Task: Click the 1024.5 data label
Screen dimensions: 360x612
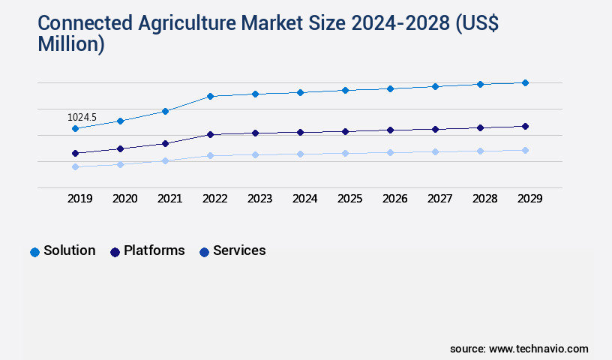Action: pos(82,118)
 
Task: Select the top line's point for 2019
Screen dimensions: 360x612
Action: pos(75,129)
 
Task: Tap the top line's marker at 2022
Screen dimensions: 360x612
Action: pos(210,96)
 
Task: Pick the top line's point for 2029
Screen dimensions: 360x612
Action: pos(525,82)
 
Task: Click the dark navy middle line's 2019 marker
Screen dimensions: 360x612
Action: pos(75,153)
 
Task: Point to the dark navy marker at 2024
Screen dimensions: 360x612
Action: pos(300,132)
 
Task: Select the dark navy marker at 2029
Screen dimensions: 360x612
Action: pos(525,126)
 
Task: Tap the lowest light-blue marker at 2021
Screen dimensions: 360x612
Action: pos(165,160)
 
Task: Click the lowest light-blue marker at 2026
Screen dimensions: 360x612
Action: pos(390,152)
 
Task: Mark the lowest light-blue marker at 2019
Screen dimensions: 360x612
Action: pos(75,166)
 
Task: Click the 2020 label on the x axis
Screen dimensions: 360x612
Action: pos(124,199)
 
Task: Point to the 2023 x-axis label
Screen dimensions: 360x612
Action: pos(259,199)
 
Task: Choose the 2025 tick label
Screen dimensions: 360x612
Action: pos(349,199)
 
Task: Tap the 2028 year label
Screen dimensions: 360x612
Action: pos(484,199)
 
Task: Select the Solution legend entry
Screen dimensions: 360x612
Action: pos(63,250)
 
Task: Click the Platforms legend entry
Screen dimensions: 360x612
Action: pos(147,250)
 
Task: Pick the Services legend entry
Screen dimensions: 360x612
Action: pos(232,250)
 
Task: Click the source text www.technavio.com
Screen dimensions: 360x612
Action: pos(538,349)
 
